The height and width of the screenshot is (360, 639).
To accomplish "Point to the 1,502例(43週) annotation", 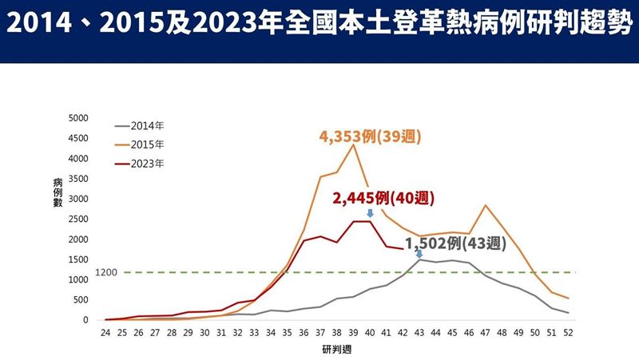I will click(x=455, y=243).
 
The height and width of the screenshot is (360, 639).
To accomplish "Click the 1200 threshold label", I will click(x=106, y=272).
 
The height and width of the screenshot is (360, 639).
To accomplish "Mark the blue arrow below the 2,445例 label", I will click(x=370, y=213).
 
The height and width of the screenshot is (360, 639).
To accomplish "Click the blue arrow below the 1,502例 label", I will click(x=419, y=254).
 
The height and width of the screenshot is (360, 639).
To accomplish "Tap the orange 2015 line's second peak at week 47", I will click(x=485, y=205).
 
